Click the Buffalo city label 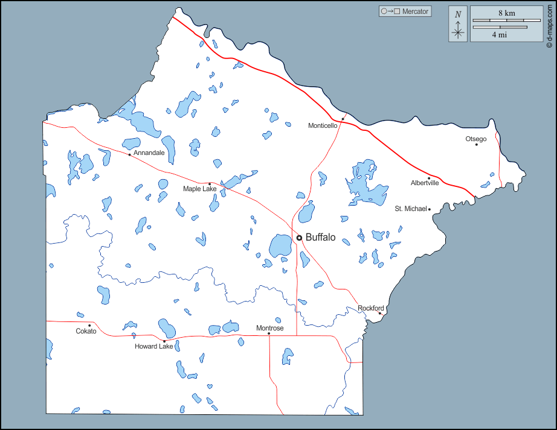320,238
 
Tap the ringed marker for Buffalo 299,238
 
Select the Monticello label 323,125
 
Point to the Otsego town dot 476,144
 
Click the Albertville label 425,183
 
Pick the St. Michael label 411,209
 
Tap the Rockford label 371,308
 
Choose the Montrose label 269,328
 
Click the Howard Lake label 154,346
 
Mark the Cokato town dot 89,326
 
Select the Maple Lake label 200,189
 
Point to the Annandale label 149,153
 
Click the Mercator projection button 405,11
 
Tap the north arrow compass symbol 458,24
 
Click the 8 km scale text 506,13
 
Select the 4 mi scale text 499,34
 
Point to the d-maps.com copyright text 549,24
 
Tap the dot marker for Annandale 129,154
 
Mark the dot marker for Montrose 269,334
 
